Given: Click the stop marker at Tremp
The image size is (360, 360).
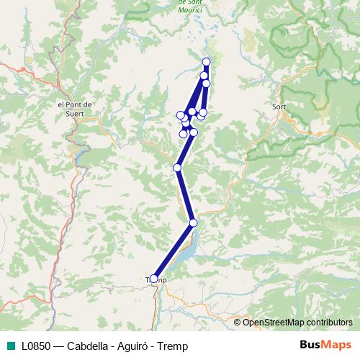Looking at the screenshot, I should [153, 279].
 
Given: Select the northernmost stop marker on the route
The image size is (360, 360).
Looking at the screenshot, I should [207, 62].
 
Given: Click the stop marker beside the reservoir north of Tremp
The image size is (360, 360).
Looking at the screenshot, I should [193, 222].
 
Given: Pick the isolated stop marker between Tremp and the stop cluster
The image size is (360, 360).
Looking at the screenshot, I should [177, 168].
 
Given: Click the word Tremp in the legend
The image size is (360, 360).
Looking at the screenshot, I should [174, 346].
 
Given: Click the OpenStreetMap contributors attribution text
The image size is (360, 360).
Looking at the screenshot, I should [297, 322].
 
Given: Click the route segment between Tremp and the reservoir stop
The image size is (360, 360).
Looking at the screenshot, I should [173, 251].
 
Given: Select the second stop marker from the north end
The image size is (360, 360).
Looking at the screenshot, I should [204, 75].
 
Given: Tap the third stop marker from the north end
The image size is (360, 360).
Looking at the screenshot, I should [206, 84].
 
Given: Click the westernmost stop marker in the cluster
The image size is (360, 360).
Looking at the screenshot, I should [180, 115].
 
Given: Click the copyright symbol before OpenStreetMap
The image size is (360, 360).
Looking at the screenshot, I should [238, 322].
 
